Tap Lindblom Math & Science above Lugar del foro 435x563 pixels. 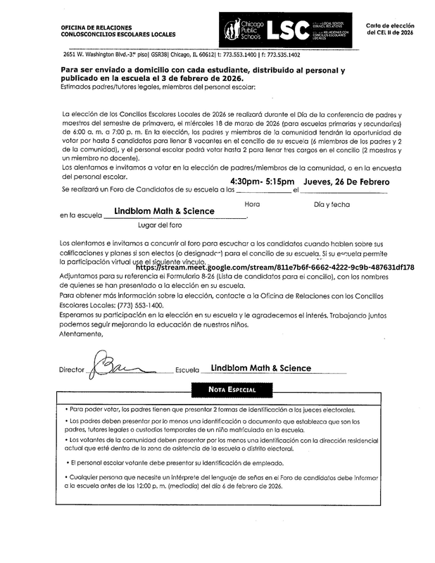click(164, 211)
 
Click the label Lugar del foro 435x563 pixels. click(160, 225)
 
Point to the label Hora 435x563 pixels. click(251, 203)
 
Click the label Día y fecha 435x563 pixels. click(332, 203)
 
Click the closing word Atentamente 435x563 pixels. click(82, 334)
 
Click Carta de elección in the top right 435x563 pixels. click(390, 26)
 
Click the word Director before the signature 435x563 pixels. click(72, 369)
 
